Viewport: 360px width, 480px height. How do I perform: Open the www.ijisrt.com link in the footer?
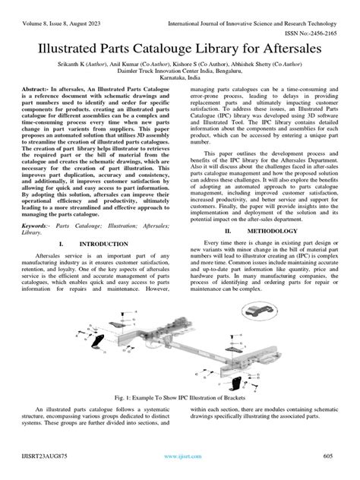pos(180,456)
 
